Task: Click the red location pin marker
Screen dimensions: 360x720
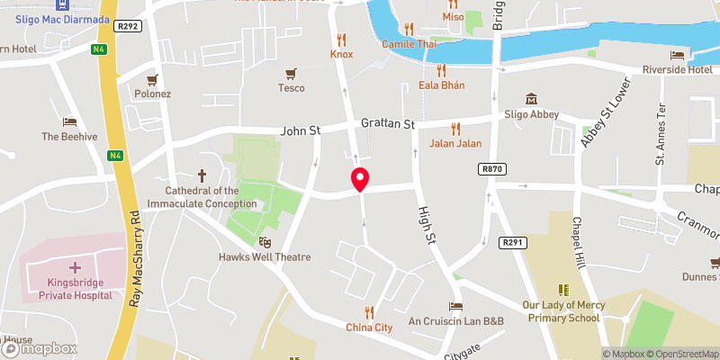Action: [x=360, y=178]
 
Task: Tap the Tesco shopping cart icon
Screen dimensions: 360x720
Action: [x=291, y=74]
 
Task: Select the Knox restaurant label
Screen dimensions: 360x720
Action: [x=341, y=54]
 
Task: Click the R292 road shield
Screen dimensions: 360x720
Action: [x=129, y=27]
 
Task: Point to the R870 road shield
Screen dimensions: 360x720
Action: [x=491, y=169]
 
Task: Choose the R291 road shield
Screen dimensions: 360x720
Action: [x=512, y=242]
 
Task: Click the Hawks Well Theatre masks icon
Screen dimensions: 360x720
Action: [x=265, y=241]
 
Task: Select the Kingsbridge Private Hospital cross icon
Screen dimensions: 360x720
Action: [x=74, y=267]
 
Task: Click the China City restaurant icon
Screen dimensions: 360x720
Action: [x=369, y=311]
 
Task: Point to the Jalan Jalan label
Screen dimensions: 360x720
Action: [x=455, y=143]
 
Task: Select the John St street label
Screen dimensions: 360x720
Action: [x=301, y=130]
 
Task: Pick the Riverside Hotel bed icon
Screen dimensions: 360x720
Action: [x=677, y=55]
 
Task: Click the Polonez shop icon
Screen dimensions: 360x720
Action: [x=153, y=79]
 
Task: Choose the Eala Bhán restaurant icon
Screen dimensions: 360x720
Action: [x=441, y=69]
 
